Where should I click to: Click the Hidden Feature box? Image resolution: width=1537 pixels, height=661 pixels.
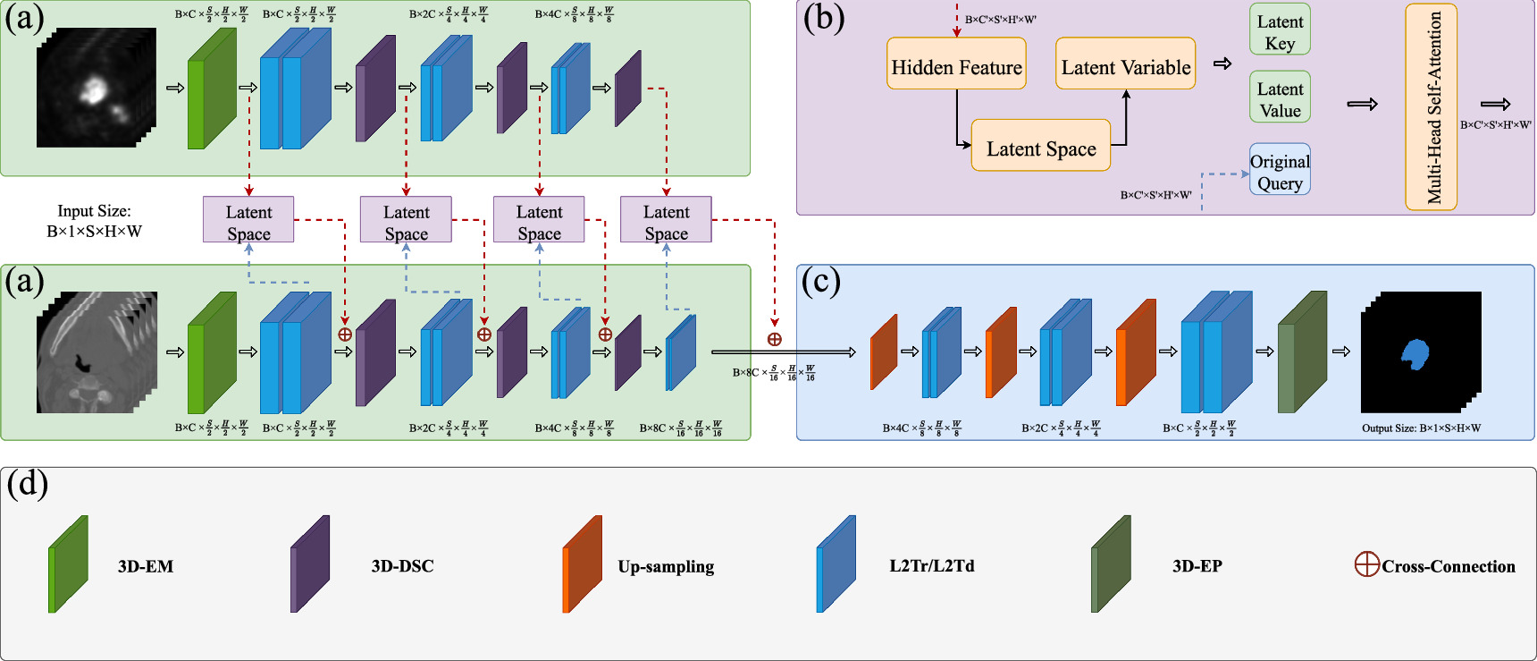pos(956,64)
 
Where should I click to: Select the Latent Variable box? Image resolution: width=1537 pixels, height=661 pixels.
pos(1125,64)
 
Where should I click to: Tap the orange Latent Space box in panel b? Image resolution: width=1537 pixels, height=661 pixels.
pos(1040,145)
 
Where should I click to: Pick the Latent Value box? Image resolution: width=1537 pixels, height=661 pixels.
pos(1280,97)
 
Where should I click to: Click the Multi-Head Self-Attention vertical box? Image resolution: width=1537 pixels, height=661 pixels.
pos(1432,107)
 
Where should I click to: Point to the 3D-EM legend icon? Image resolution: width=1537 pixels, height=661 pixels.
pos(68,564)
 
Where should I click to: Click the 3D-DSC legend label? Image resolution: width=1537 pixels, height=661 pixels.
pos(402,566)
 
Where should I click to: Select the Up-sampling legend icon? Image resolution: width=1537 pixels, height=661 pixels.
pos(582,564)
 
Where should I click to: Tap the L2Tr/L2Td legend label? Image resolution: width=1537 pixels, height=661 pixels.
pos(931,566)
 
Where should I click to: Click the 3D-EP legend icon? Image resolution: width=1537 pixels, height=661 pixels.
pos(1111,564)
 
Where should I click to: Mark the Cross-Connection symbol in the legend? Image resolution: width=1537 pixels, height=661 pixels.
pos(1366,564)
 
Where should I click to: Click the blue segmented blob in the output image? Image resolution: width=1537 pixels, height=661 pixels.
pos(1415,353)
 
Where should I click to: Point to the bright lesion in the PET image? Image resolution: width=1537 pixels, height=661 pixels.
pos(94,89)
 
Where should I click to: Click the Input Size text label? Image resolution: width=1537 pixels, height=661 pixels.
pos(94,211)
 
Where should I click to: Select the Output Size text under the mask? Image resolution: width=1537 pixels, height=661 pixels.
pos(1421,428)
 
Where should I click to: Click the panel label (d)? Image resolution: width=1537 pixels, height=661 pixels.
pos(28,484)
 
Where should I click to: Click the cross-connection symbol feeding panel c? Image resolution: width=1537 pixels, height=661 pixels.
pos(775,339)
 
